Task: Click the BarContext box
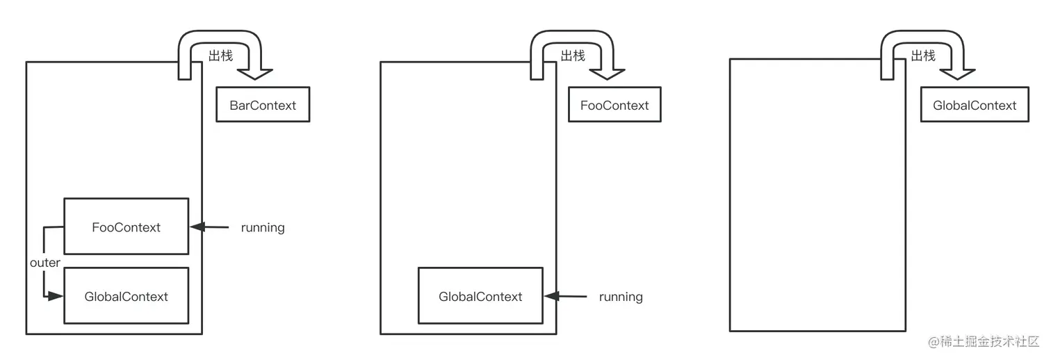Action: (x=263, y=105)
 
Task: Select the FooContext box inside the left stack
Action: (x=126, y=227)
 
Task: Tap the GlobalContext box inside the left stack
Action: (x=126, y=296)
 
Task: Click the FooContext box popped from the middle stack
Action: (x=614, y=105)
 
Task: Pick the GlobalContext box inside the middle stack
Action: (x=480, y=296)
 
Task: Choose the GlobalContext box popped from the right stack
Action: (x=975, y=105)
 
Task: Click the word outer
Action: (x=45, y=263)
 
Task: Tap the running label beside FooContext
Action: (x=263, y=227)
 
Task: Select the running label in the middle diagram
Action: (x=621, y=297)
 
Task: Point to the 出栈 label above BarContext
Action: (x=220, y=56)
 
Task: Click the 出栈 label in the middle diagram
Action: (x=573, y=56)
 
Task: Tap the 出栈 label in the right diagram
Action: (x=923, y=56)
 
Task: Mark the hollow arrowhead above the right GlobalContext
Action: (x=957, y=73)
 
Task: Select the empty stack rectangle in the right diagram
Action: (x=817, y=195)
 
